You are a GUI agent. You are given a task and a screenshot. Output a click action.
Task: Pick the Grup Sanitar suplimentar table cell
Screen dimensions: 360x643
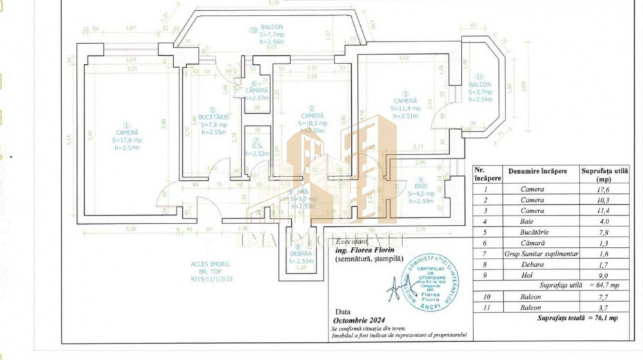click(536, 253)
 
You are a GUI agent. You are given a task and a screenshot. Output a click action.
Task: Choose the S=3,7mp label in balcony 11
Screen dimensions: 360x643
click(480, 92)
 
